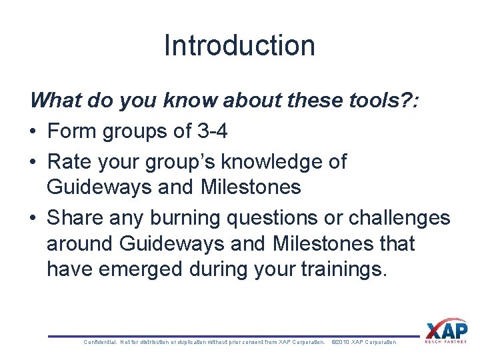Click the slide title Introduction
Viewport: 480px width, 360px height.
pos(239,45)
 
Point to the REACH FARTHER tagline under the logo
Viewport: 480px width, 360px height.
pos(446,342)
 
